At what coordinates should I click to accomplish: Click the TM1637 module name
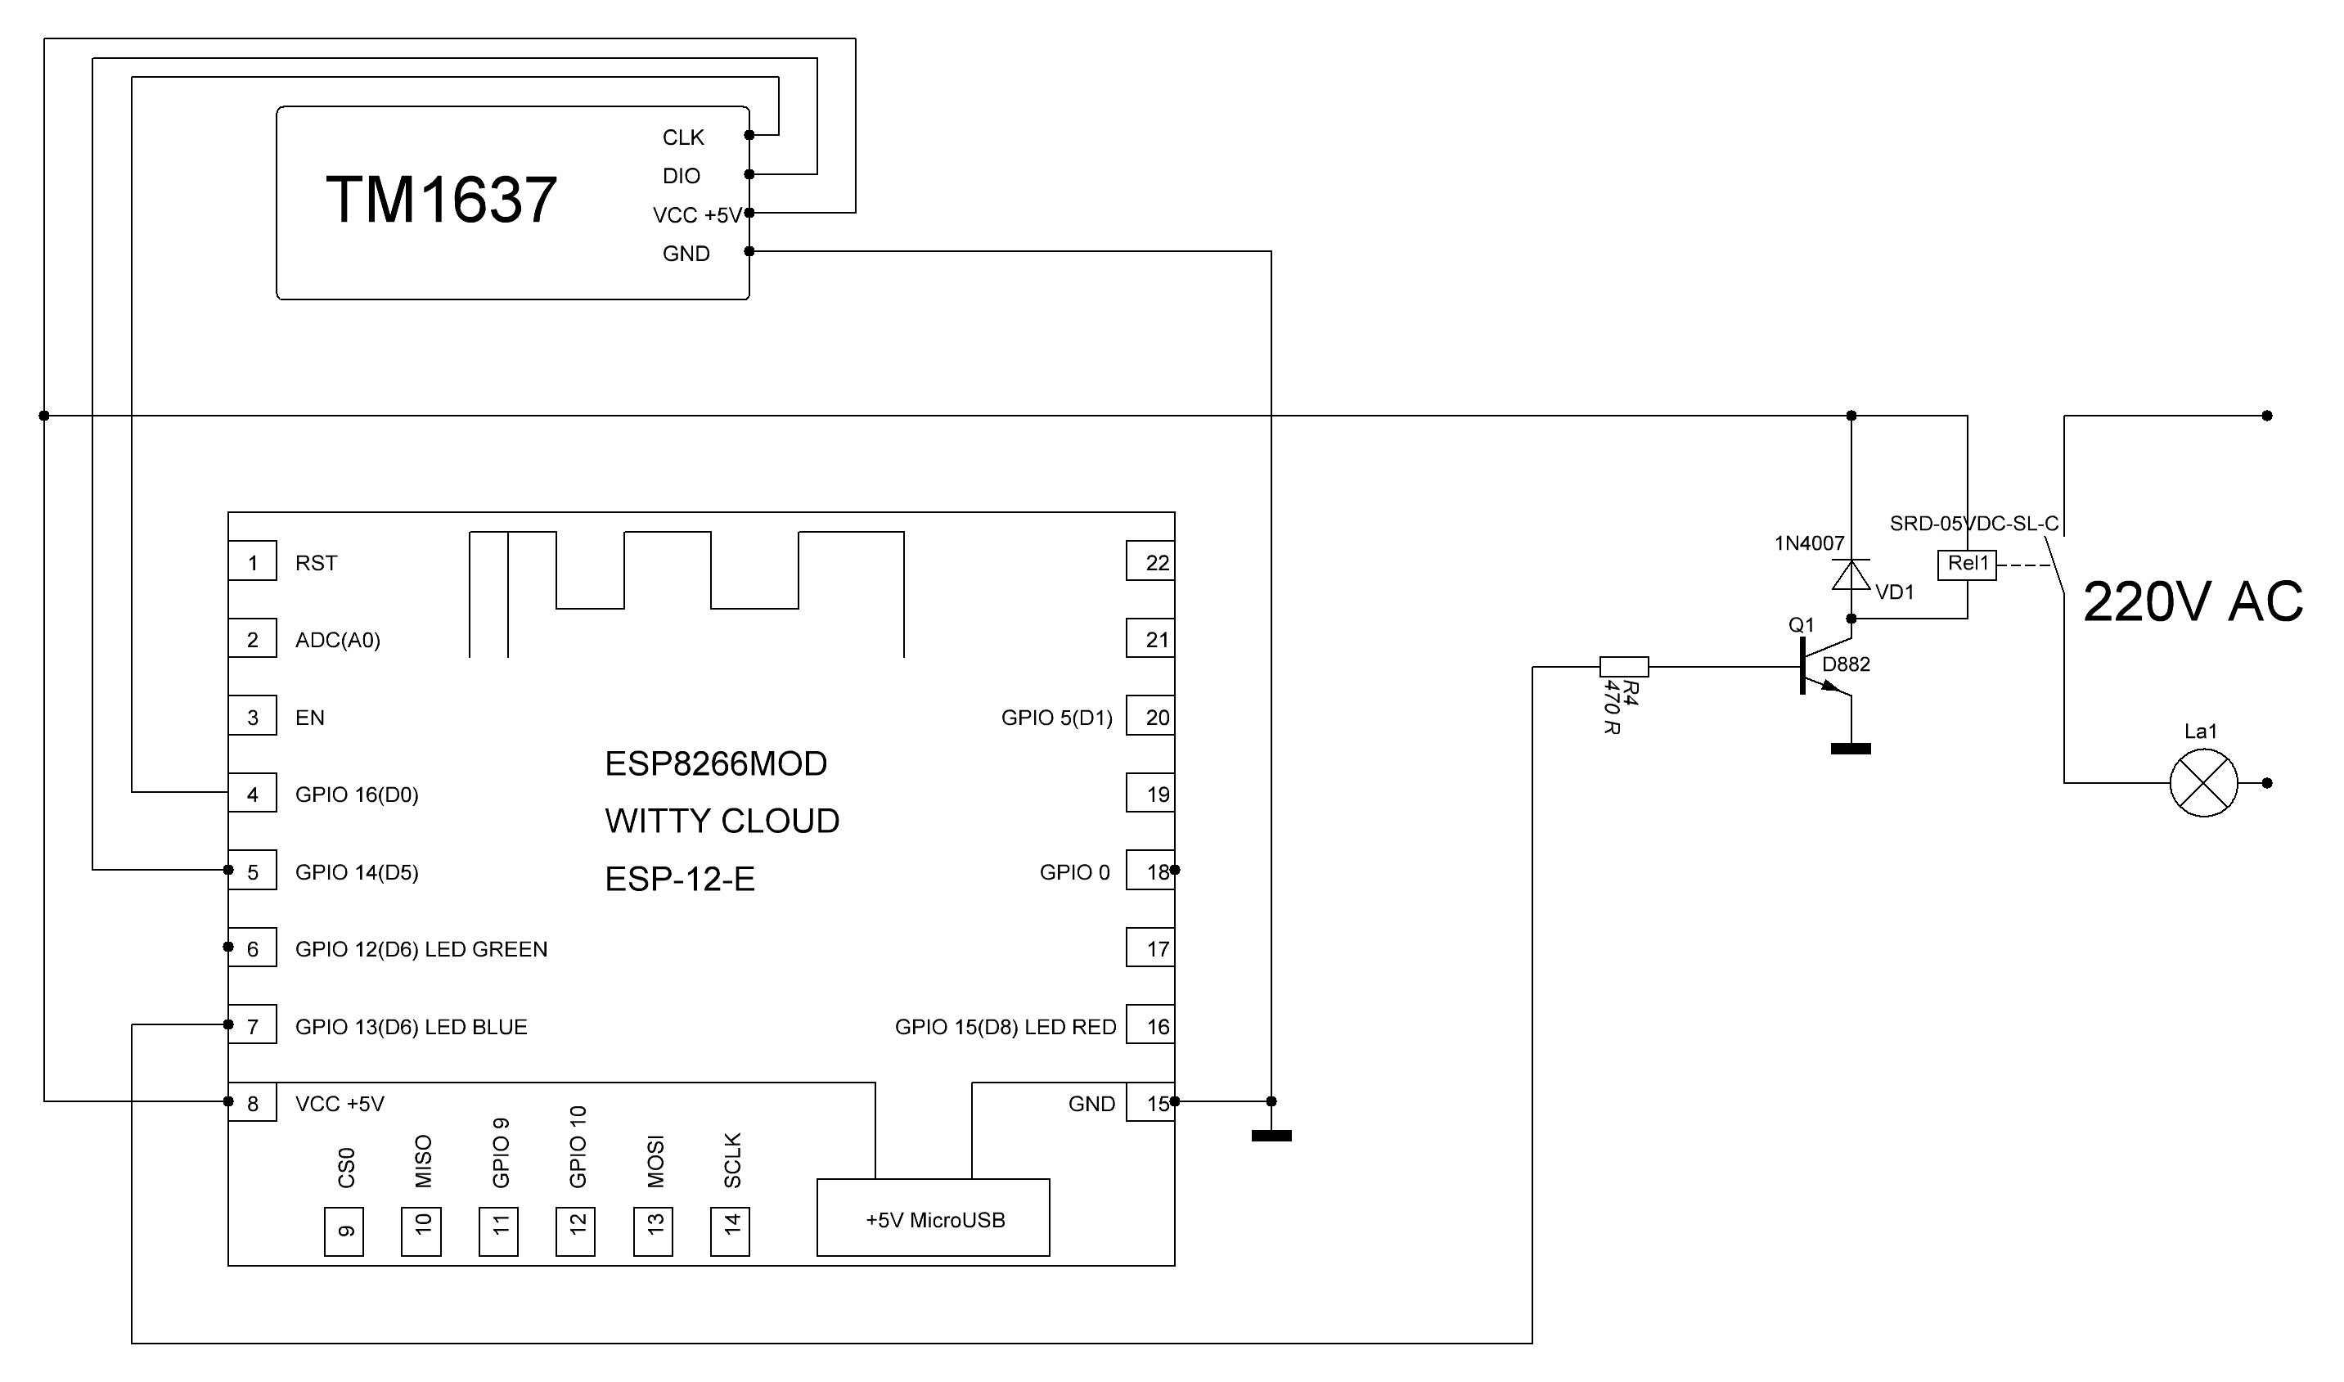click(x=441, y=200)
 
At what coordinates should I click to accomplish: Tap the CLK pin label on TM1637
click(x=683, y=137)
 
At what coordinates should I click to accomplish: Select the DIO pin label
click(x=682, y=176)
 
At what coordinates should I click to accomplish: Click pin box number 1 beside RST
click(x=252, y=562)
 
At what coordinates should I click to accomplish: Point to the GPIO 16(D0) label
click(x=357, y=795)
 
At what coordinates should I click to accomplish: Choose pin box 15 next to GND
click(x=1150, y=1104)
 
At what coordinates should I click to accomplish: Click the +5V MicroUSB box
click(x=934, y=1219)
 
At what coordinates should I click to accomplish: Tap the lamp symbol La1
click(x=2204, y=784)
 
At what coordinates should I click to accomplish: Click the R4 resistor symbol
click(x=1624, y=667)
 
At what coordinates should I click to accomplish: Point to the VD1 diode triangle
click(x=1851, y=574)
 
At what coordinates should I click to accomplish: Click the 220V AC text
click(x=2193, y=602)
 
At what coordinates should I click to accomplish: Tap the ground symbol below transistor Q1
click(x=1851, y=749)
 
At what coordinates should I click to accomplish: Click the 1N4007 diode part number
click(x=1810, y=544)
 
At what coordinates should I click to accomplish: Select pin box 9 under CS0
click(x=344, y=1232)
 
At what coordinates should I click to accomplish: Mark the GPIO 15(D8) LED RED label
click(x=1006, y=1027)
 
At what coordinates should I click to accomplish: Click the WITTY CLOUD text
click(x=722, y=822)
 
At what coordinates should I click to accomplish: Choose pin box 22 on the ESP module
click(x=1150, y=562)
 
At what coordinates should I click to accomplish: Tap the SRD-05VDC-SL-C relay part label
click(x=1974, y=524)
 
